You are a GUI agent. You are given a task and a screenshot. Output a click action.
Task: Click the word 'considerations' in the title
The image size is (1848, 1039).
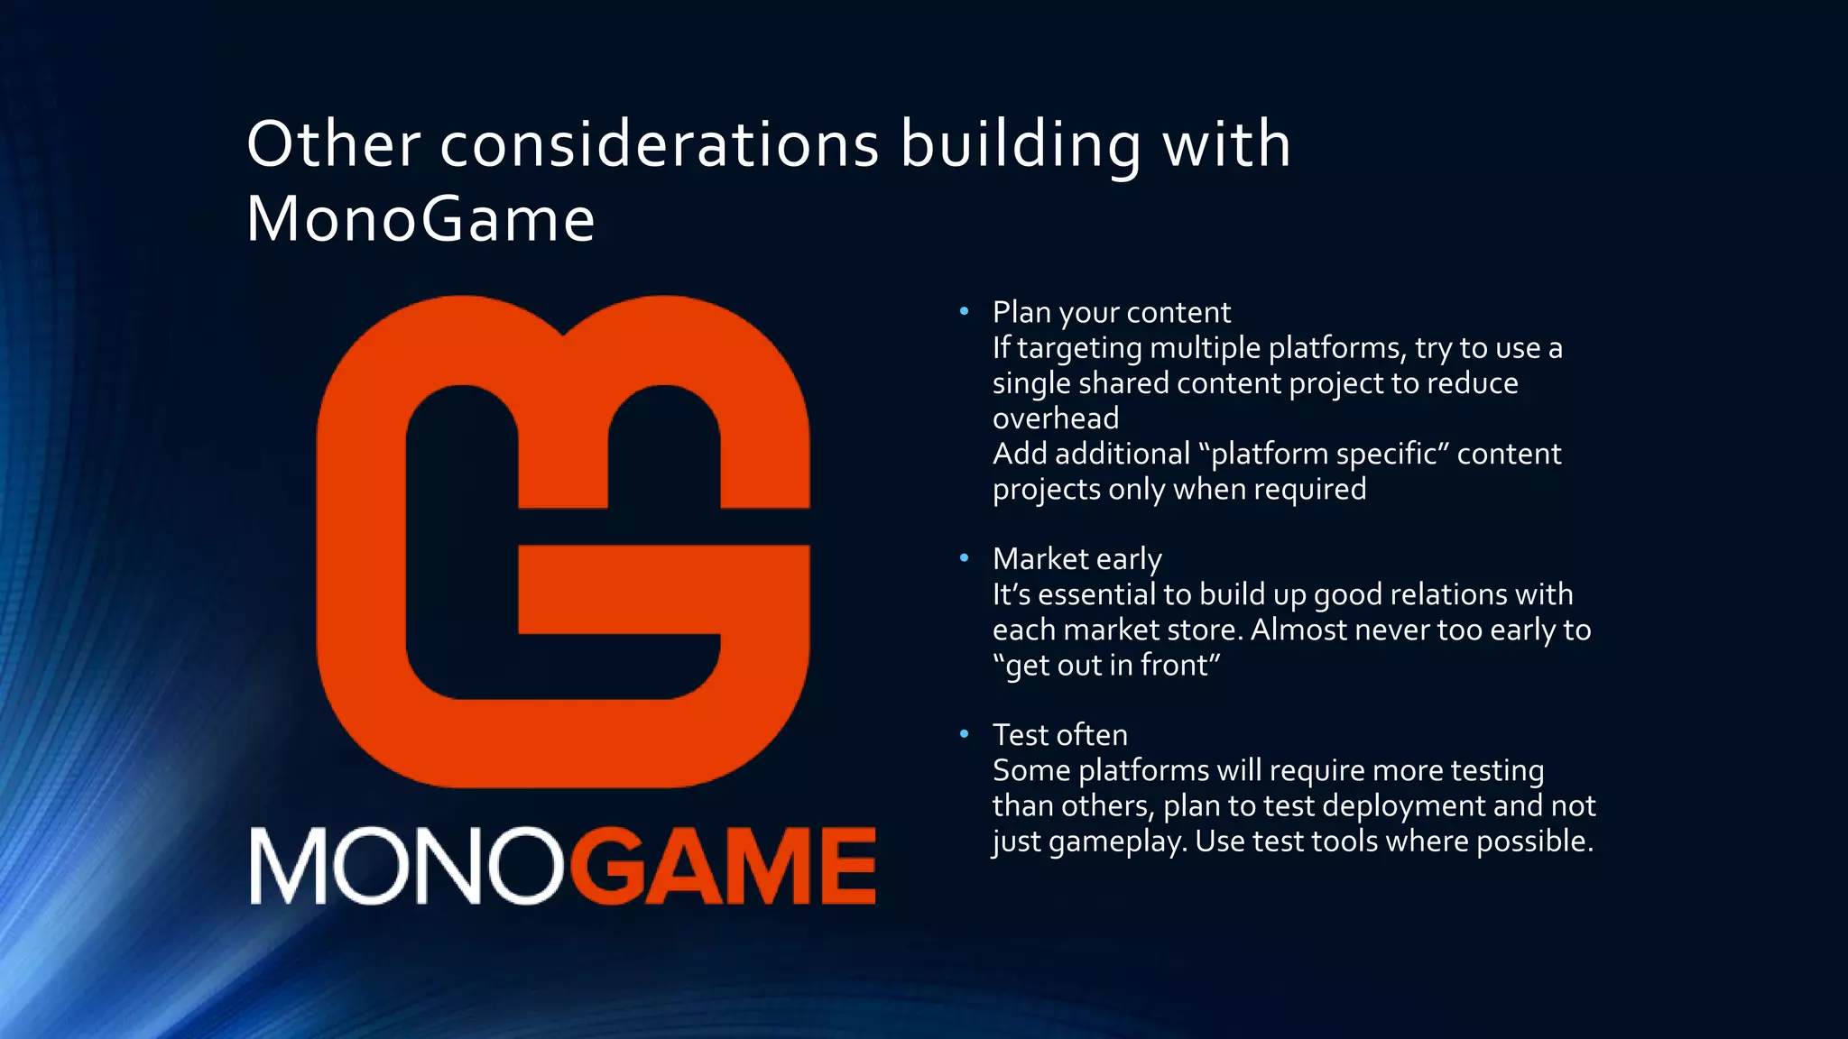(x=659, y=144)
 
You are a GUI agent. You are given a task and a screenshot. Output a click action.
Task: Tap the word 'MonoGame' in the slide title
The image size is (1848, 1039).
(x=420, y=219)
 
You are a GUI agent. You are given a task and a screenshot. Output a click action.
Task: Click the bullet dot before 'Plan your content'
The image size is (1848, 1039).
(x=964, y=311)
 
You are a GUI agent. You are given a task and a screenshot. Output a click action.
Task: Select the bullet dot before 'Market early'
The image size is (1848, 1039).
(x=964, y=558)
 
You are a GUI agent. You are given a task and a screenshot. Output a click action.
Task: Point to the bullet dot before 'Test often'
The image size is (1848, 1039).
(x=964, y=734)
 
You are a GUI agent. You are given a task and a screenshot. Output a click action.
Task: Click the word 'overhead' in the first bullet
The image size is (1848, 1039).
(x=1056, y=418)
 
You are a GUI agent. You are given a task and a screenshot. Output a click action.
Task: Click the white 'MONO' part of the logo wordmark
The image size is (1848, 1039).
(x=406, y=866)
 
